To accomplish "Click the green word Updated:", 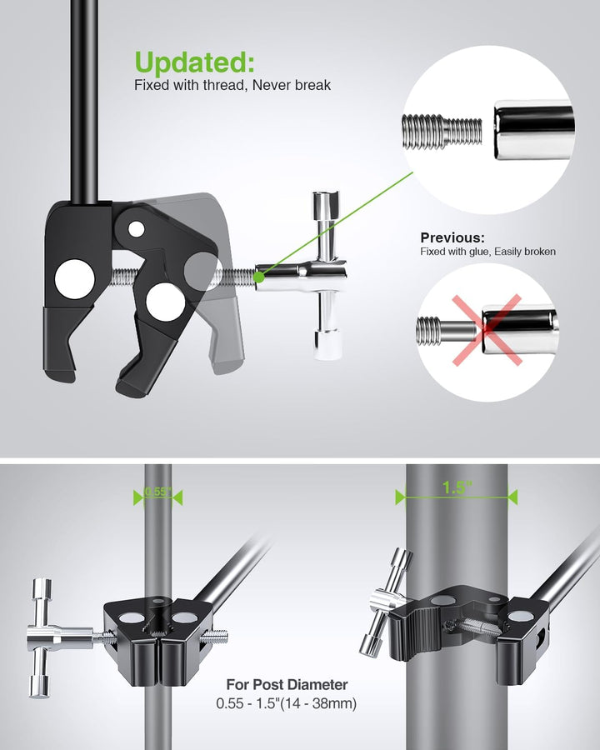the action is click(194, 62).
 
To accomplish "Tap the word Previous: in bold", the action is click(452, 237).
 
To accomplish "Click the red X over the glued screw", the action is click(487, 330).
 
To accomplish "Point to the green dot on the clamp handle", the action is click(259, 277).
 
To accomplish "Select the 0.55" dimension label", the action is click(157, 492).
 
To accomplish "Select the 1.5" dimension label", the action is click(457, 487).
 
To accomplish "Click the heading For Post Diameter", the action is click(287, 684).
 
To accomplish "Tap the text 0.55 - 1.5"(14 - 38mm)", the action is click(286, 703).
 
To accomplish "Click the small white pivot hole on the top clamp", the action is click(137, 229).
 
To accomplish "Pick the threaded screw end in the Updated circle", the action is click(442, 131).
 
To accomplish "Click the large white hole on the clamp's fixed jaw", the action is click(75, 279).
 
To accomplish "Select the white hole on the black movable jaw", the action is click(165, 302).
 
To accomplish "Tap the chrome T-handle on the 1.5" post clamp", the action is click(385, 602).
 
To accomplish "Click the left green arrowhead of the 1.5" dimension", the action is click(401, 497).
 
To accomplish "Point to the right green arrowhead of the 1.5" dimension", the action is click(512, 497).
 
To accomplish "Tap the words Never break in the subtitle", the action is click(292, 85).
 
